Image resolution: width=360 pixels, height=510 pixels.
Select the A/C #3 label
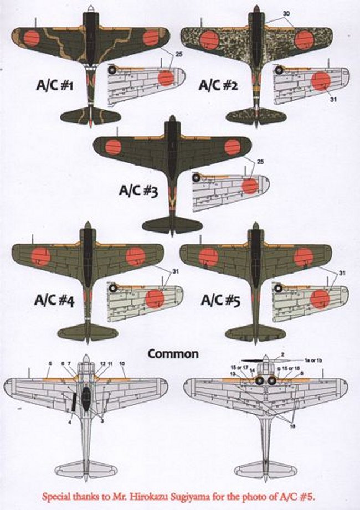[x=139, y=191]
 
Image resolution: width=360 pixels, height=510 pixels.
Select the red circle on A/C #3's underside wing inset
[x=250, y=185]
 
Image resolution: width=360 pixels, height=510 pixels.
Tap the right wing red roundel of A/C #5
[x=303, y=256]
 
